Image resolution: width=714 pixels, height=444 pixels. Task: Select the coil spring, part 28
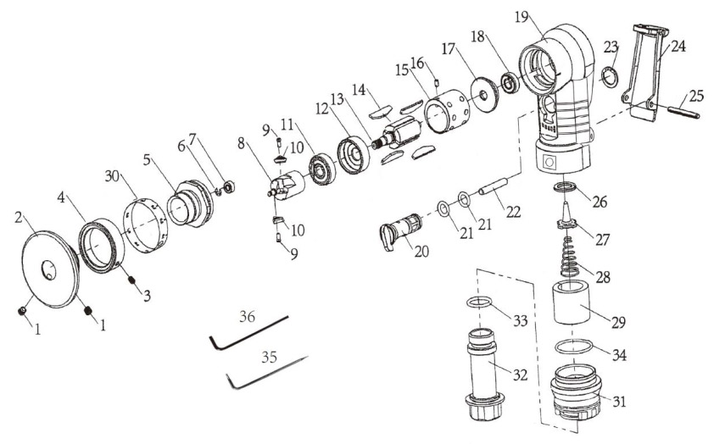pyautogui.click(x=570, y=257)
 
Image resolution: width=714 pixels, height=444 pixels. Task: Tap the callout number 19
pyautogui.click(x=522, y=17)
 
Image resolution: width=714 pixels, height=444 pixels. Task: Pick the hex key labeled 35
pyautogui.click(x=266, y=372)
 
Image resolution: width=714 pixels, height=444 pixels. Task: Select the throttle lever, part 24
pyautogui.click(x=644, y=73)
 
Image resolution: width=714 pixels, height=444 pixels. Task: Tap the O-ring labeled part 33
pyautogui.click(x=479, y=302)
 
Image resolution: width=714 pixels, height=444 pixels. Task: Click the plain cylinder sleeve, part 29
pyautogui.click(x=572, y=303)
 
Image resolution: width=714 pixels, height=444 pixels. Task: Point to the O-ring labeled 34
pyautogui.click(x=574, y=346)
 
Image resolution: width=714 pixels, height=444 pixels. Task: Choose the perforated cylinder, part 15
pyautogui.click(x=447, y=110)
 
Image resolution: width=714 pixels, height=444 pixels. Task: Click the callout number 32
pyautogui.click(x=520, y=375)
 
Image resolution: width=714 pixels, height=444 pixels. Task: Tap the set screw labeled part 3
pyautogui.click(x=132, y=280)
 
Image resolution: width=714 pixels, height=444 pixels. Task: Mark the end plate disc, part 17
pyautogui.click(x=483, y=95)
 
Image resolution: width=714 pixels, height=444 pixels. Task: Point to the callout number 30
pyautogui.click(x=112, y=175)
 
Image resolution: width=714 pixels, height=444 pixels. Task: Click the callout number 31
pyautogui.click(x=618, y=402)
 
